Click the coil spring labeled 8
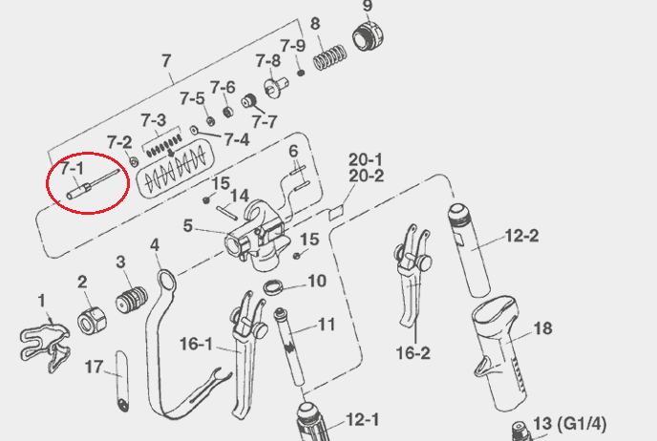[x=330, y=57]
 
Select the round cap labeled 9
[x=368, y=36]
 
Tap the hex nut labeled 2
[x=92, y=321]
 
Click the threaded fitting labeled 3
[x=132, y=300]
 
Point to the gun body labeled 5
[x=256, y=236]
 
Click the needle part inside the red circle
[x=93, y=183]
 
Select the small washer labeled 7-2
[x=134, y=161]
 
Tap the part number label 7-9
[x=292, y=46]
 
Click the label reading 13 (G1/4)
[x=569, y=424]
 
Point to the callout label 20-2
[x=366, y=176]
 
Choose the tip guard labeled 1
[x=45, y=346]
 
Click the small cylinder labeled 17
[x=122, y=381]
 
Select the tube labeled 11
[x=289, y=346]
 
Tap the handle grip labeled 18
[x=499, y=353]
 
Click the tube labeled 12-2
[x=469, y=250]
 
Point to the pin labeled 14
[x=227, y=212]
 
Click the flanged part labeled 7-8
[x=276, y=87]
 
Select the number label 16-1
[x=197, y=344]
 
